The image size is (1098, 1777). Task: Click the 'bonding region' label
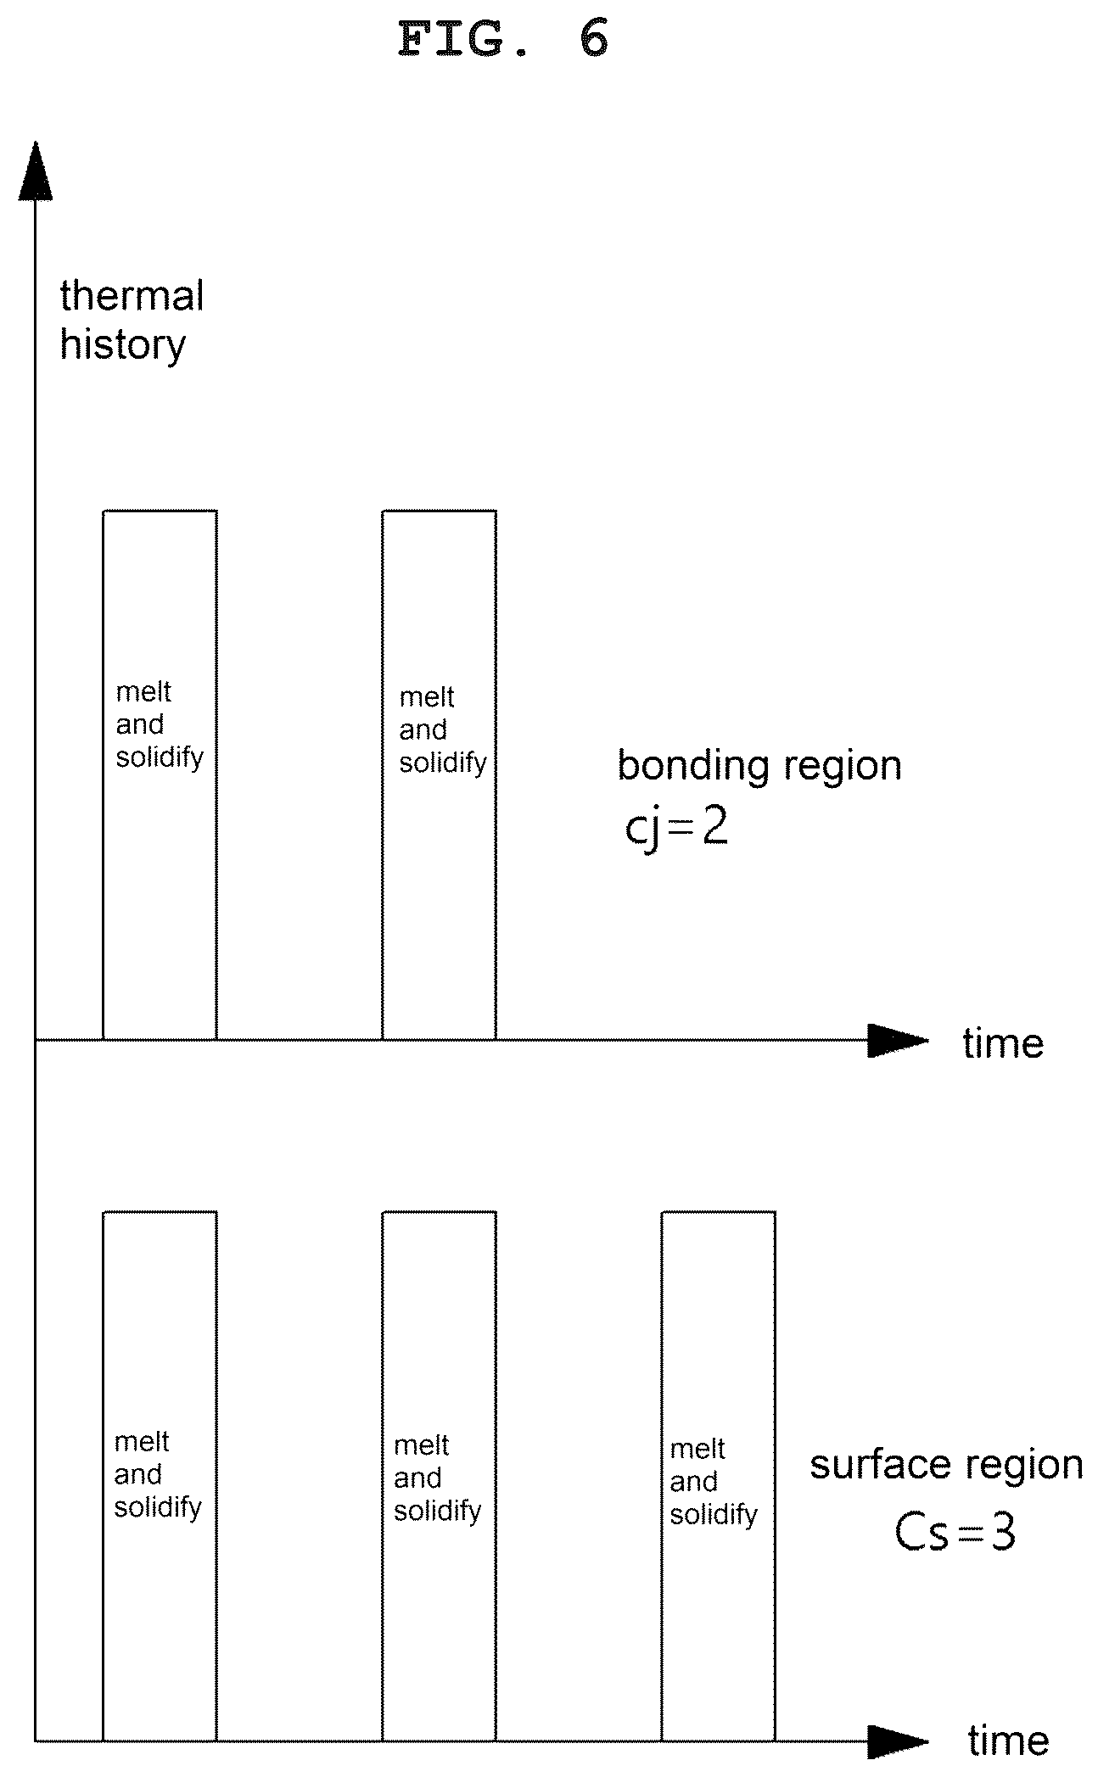759,765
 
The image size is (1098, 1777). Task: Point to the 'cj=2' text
676,828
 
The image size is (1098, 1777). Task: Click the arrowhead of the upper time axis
898,1040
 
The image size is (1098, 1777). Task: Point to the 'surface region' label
946,1465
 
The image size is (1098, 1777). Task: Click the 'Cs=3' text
955,1534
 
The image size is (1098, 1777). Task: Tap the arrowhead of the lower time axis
898,1741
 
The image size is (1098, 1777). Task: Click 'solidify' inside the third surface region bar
714,1515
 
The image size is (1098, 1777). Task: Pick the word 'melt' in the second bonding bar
427,697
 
